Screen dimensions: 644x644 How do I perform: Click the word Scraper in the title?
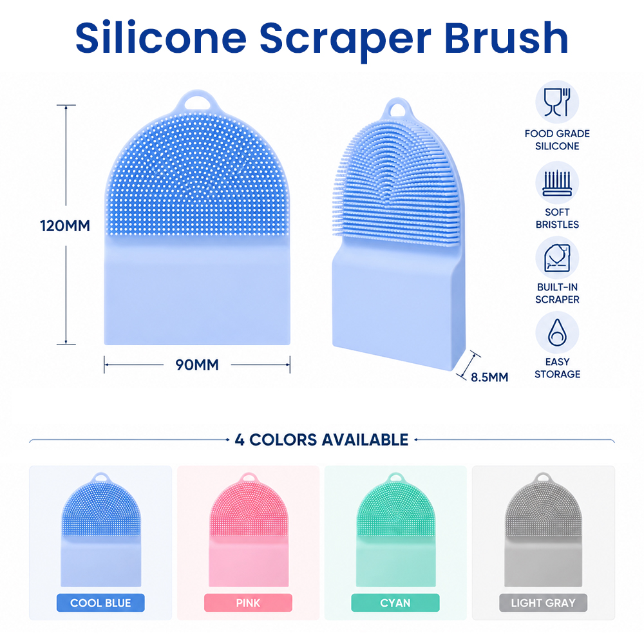pos(345,39)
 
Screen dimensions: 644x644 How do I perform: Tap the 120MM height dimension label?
pos(65,226)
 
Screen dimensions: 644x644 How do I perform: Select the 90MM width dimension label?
pos(196,365)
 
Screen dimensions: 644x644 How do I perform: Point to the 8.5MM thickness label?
pos(489,377)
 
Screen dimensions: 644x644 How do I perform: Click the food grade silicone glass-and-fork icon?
pos(557,102)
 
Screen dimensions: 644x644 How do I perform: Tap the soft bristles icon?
pos(557,183)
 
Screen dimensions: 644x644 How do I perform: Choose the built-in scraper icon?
pos(557,258)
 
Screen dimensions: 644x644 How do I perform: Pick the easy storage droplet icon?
pos(557,333)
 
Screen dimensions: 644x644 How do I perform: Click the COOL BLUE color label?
pos(100,603)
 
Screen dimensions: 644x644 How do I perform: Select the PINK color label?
pos(248,603)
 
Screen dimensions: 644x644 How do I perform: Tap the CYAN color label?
pos(395,603)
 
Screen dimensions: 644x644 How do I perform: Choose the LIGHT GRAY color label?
pos(543,603)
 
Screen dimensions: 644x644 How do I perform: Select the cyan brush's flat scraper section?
pos(395,562)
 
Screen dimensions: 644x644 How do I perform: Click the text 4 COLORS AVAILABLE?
pos(321,440)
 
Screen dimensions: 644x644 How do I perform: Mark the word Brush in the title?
pos(506,38)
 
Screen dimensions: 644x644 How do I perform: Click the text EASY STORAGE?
pos(557,368)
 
